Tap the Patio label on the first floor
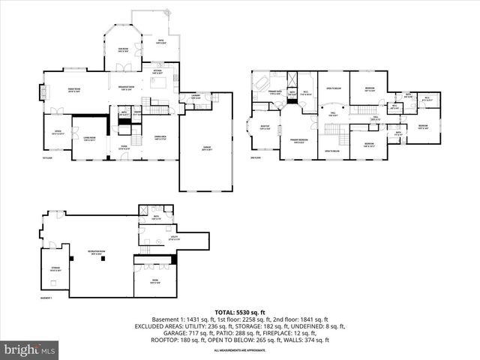click(x=160, y=42)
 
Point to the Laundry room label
click(x=195, y=97)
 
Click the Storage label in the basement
click(x=54, y=269)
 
